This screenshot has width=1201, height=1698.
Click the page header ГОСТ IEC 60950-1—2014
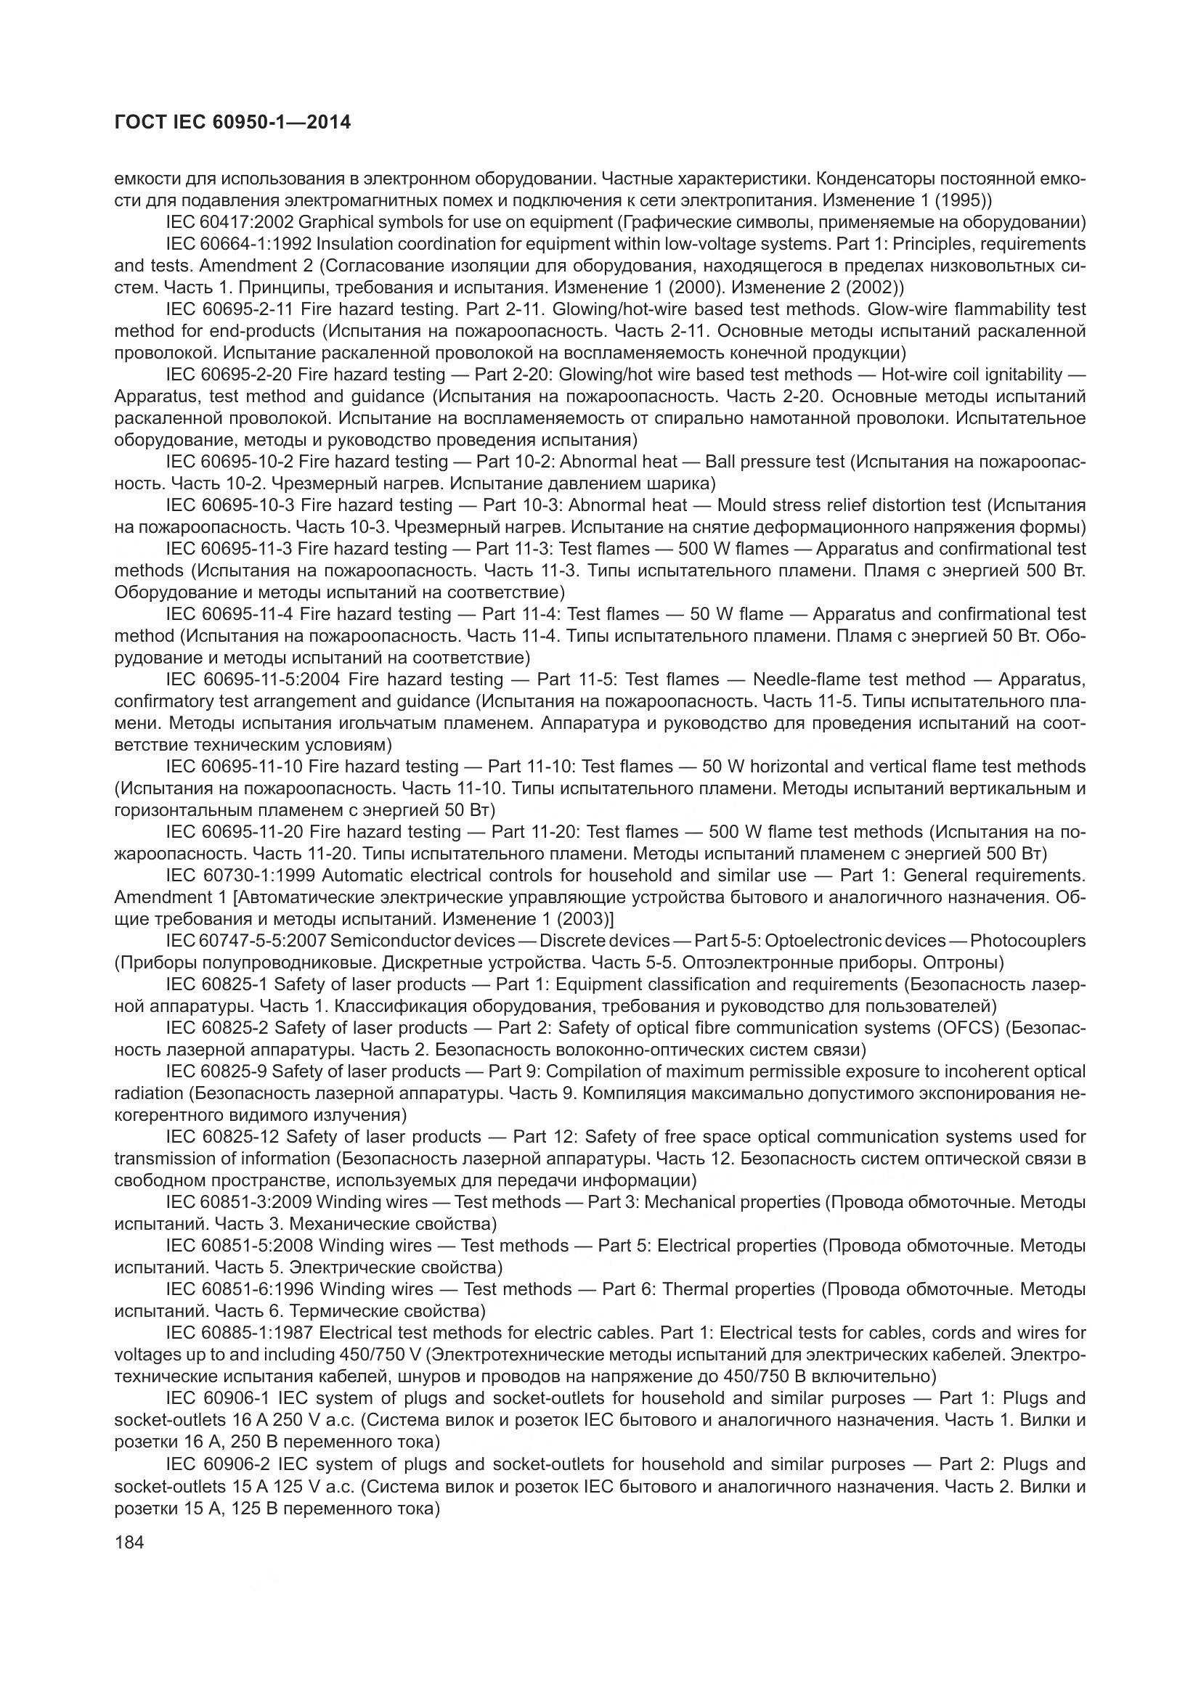pos(232,122)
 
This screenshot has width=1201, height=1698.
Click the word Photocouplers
pos(1028,941)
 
